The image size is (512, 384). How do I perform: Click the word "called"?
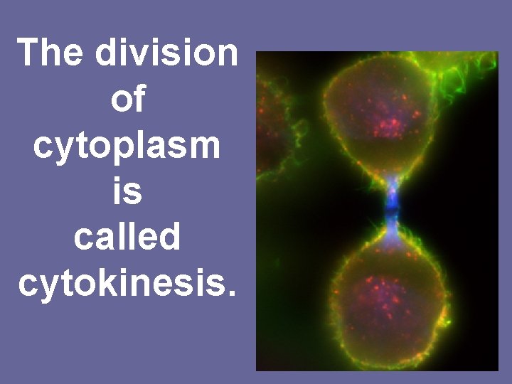click(127, 238)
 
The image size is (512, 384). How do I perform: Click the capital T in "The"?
click(29, 54)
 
